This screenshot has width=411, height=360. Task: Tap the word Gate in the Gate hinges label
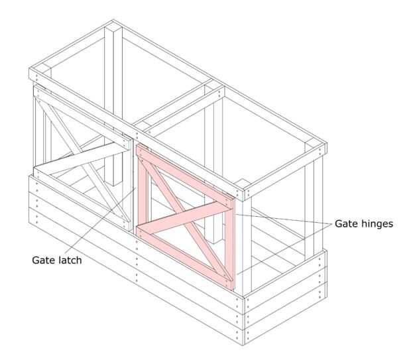pyautogui.click(x=346, y=224)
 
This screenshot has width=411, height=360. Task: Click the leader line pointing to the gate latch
pyautogui.click(x=106, y=219)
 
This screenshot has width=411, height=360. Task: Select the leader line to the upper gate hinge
pyautogui.click(x=285, y=219)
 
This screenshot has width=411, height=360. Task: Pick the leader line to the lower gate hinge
pyautogui.click(x=285, y=248)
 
